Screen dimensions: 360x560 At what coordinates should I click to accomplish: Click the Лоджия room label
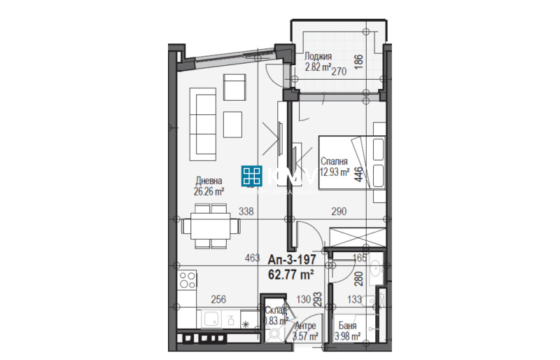point(318,57)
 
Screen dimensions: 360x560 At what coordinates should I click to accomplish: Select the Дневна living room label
point(209,180)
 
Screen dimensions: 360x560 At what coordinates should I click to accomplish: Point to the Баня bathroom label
point(348,326)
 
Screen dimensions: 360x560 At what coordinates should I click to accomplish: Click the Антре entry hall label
point(306,326)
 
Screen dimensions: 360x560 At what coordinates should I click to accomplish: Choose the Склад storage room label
point(274,310)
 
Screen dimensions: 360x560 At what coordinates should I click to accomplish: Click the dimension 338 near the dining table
point(246,211)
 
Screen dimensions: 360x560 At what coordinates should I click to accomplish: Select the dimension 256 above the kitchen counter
point(218,300)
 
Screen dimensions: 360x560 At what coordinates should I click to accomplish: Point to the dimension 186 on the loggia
point(358,60)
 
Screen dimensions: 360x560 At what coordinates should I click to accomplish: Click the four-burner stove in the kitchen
point(187,282)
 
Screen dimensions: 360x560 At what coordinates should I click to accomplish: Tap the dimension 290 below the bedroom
point(339,211)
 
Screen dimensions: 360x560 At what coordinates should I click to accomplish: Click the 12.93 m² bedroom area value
point(335,174)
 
